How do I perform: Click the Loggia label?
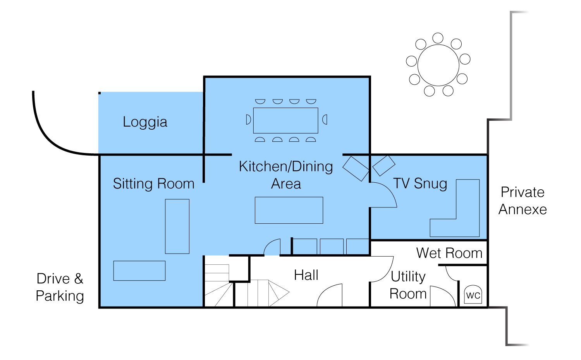[x=145, y=122]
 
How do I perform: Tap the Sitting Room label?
[x=153, y=183]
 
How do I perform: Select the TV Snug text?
[x=420, y=183]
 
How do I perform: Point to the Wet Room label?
[x=449, y=253]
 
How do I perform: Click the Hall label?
[x=306, y=275]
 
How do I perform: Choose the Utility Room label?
[x=408, y=285]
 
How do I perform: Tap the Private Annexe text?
[x=523, y=201]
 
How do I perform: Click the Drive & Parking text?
[x=60, y=287]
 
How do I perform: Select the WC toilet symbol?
[x=473, y=295]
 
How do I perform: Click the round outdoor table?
[x=438, y=65]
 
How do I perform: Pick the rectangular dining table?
[x=285, y=120]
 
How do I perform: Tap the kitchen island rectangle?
[x=289, y=210]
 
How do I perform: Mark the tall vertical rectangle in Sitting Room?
[x=177, y=226]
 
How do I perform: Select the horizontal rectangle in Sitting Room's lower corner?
[x=139, y=271]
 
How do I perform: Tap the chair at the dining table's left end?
[x=248, y=120]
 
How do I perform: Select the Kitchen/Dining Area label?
[x=286, y=175]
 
